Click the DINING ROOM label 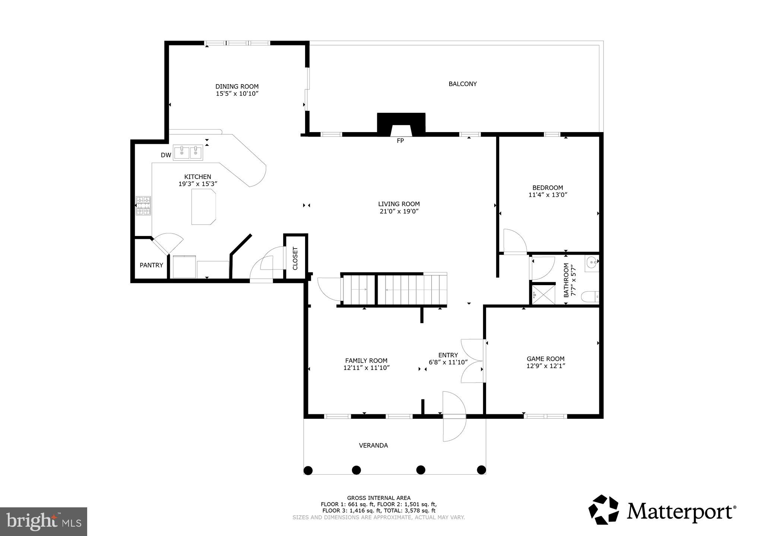[237, 86]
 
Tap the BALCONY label [463, 84]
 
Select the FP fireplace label [400, 141]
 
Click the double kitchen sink [188, 153]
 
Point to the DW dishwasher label [166, 155]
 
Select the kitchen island [203, 207]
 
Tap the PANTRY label [151, 265]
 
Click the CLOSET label [295, 258]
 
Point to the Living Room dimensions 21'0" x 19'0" [399, 211]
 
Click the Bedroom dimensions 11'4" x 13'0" [548, 195]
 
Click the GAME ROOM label [545, 359]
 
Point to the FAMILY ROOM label [366, 360]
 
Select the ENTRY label [448, 355]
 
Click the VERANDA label [373, 445]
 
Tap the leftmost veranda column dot [308, 470]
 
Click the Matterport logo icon [603, 510]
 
